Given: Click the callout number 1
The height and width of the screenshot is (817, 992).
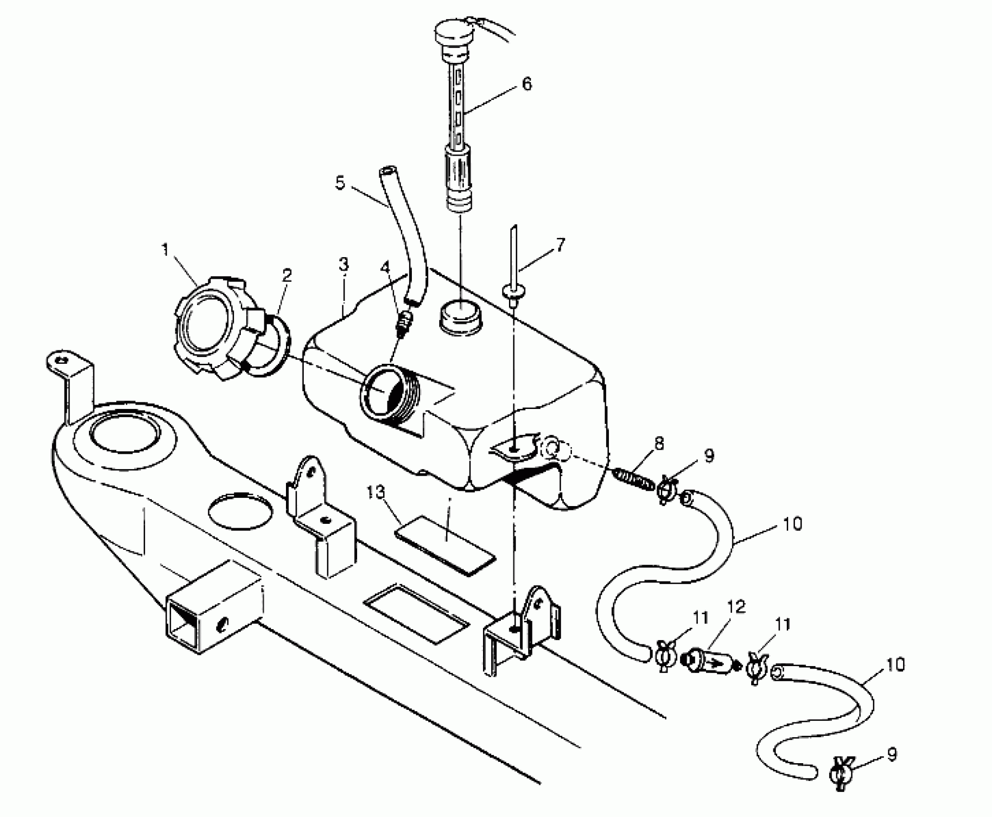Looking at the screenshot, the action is tap(165, 250).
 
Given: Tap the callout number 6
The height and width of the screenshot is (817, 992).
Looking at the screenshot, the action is tap(527, 85).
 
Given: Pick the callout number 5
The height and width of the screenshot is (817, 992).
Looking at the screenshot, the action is tap(340, 183).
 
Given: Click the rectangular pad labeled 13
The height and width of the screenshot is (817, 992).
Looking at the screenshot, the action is tap(445, 544).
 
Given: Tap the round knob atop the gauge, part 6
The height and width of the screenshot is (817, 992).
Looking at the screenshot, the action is tap(454, 34).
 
